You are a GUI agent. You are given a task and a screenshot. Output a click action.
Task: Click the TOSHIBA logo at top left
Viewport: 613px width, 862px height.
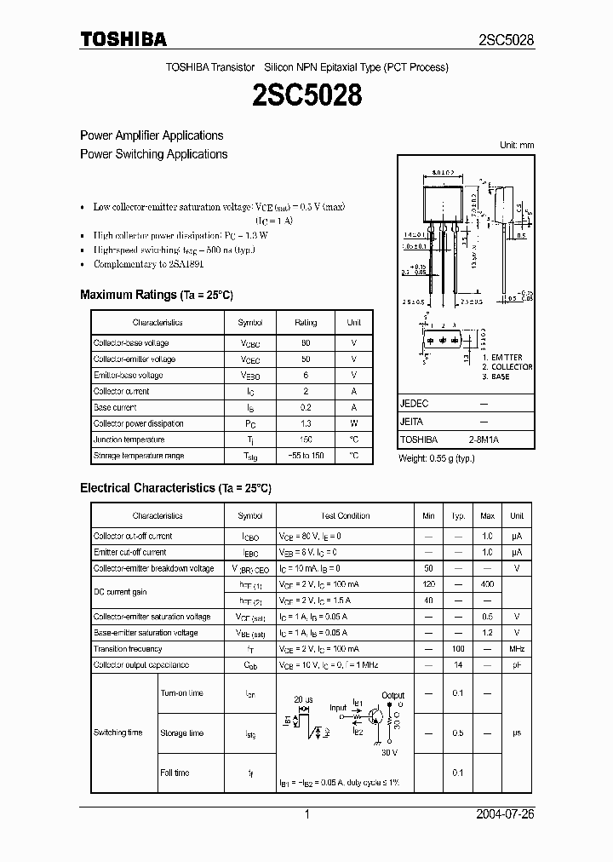[123, 39]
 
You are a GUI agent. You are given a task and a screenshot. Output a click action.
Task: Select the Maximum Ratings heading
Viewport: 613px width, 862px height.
[156, 295]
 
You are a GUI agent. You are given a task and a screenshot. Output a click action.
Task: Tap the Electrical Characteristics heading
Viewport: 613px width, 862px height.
[175, 488]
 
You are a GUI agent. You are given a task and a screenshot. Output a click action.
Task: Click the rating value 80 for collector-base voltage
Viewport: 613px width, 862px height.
[306, 342]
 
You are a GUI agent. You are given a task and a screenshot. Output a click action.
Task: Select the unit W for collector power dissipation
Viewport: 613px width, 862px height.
[354, 423]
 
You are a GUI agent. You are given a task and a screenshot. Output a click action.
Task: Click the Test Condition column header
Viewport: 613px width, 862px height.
[345, 516]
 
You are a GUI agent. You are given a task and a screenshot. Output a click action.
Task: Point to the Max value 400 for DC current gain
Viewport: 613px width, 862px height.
[488, 584]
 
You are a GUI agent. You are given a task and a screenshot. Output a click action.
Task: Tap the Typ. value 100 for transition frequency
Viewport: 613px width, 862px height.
[458, 649]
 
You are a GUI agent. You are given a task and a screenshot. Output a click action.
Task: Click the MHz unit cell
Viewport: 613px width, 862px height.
[517, 649]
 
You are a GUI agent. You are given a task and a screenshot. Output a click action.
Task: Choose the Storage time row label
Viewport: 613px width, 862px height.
[182, 733]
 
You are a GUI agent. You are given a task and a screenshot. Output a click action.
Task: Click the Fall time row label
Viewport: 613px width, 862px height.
[175, 773]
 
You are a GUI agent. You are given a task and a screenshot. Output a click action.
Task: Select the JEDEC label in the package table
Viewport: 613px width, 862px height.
[415, 404]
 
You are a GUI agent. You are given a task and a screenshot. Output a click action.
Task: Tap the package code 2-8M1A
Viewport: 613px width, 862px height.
[484, 440]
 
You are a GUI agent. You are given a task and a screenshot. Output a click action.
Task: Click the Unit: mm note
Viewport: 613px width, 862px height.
[517, 146]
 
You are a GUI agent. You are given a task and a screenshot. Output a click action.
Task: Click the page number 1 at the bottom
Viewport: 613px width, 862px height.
[306, 814]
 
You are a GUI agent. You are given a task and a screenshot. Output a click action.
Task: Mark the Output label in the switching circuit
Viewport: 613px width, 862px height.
[393, 696]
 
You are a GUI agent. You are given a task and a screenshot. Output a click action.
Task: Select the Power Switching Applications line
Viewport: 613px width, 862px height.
[153, 154]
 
